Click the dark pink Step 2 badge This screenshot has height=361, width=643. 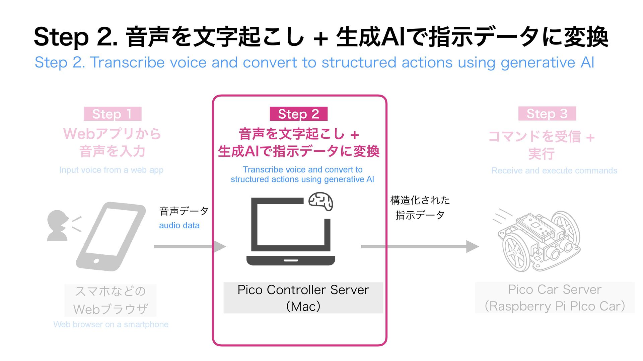298,114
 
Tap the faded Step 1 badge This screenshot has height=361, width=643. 112,114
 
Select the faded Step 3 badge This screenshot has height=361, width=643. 547,114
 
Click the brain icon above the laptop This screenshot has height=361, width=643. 320,201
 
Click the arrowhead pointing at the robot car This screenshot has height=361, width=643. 472,247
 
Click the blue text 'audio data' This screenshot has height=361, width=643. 179,226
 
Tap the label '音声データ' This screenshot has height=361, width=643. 184,211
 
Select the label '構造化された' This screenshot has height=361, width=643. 420,200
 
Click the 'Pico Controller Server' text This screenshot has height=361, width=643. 303,290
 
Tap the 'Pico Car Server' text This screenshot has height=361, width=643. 555,289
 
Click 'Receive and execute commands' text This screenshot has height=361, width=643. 554,171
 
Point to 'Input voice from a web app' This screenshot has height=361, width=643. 111,170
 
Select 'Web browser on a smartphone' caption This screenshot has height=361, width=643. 111,325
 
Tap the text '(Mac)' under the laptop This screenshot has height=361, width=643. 303,306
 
